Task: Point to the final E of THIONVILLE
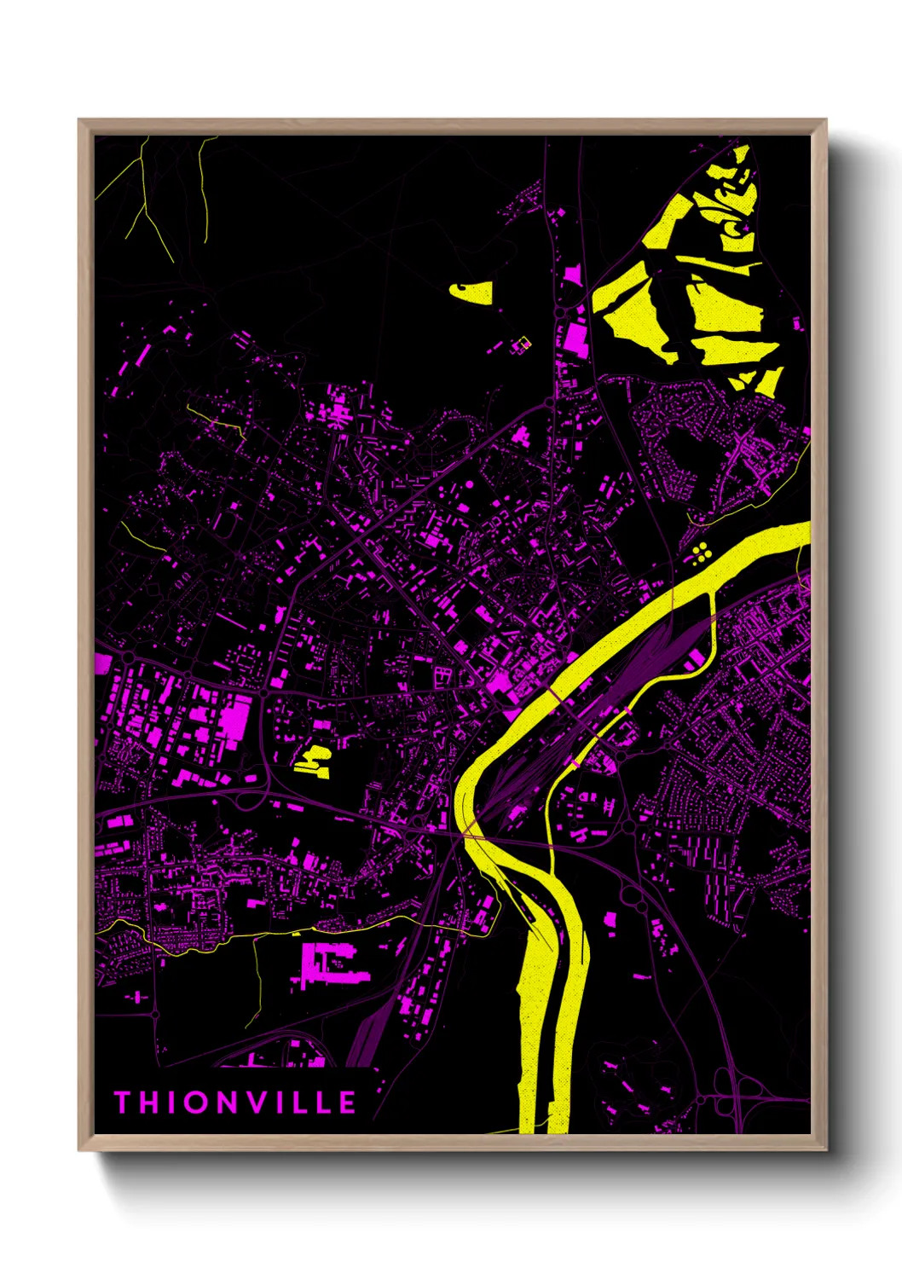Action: pyautogui.click(x=347, y=1103)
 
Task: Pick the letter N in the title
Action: pyautogui.click(x=228, y=1103)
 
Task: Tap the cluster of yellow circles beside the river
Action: pyautogui.click(x=702, y=553)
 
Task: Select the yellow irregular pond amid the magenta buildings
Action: pyautogui.click(x=314, y=760)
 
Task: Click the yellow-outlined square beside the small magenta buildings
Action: pyautogui.click(x=521, y=344)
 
